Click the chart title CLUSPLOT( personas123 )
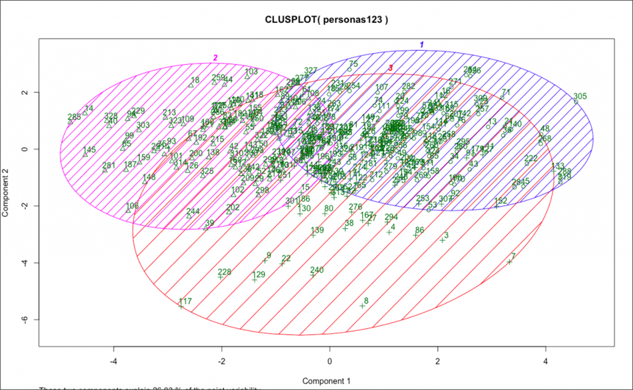click(x=326, y=20)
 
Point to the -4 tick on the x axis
click(x=114, y=362)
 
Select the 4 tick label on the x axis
click(x=546, y=362)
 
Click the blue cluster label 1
click(x=422, y=44)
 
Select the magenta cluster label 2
click(x=216, y=58)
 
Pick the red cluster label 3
click(x=391, y=67)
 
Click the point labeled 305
click(x=576, y=102)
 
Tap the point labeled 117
click(x=181, y=306)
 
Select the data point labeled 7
click(x=510, y=262)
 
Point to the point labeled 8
click(x=362, y=306)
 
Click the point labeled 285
click(x=70, y=122)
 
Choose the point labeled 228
click(x=221, y=277)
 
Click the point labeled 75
click(x=349, y=70)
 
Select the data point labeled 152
click(x=497, y=206)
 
